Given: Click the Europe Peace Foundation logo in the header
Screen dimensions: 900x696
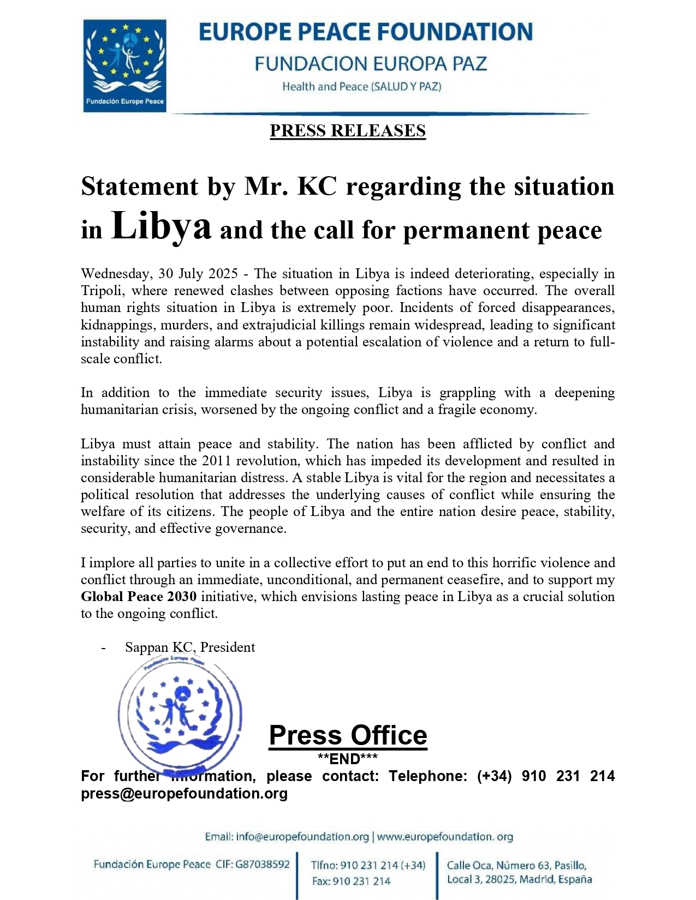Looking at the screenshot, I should (124, 65).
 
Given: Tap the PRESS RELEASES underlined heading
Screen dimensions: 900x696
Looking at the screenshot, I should (348, 131).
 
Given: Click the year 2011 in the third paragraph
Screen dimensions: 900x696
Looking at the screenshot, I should (217, 460).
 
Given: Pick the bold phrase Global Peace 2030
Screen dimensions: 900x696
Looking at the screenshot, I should (139, 596).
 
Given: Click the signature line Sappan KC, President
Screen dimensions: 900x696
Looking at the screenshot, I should (190, 647).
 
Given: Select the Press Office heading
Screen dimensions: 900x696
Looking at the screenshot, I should (348, 735).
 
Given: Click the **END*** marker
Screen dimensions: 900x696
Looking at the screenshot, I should (348, 759).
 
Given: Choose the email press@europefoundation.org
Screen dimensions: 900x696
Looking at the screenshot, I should (185, 793).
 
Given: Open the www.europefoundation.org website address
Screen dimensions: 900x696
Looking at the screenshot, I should (445, 837).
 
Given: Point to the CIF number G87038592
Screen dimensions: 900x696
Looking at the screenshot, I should (263, 864).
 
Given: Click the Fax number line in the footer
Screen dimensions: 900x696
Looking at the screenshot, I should (351, 881).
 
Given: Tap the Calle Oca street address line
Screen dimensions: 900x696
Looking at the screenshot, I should (516, 865).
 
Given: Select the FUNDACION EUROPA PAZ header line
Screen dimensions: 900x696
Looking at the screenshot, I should (370, 64).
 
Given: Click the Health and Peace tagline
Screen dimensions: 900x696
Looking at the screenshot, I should (361, 86).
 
